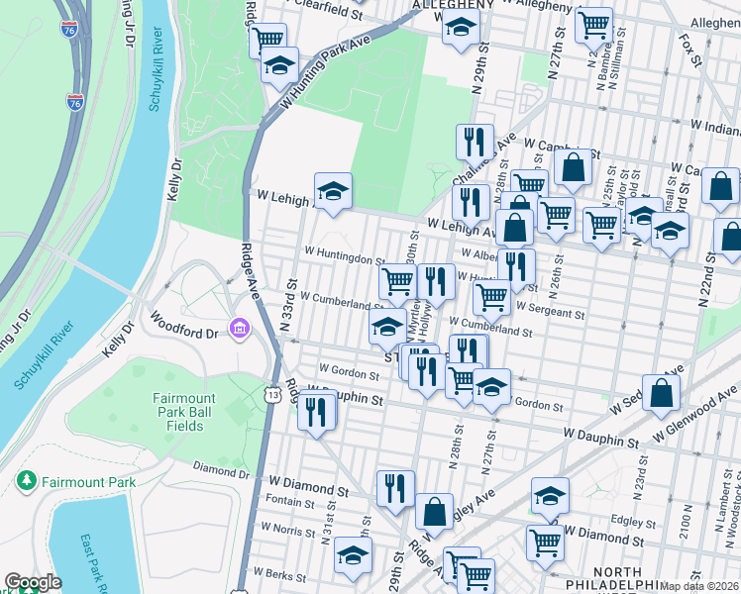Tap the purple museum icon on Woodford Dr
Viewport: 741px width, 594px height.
[238, 328]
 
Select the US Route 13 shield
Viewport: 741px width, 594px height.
[272, 395]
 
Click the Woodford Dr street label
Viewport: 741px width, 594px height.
[182, 329]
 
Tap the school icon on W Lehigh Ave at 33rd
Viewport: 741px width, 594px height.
[334, 191]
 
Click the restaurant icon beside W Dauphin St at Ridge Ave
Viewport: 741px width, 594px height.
[317, 410]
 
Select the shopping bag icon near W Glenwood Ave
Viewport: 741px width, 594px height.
[661, 392]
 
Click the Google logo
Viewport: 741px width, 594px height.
[33, 582]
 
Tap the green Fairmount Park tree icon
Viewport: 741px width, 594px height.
[27, 482]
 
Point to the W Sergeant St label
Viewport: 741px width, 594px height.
[551, 312]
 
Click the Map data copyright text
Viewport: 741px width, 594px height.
[699, 585]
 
